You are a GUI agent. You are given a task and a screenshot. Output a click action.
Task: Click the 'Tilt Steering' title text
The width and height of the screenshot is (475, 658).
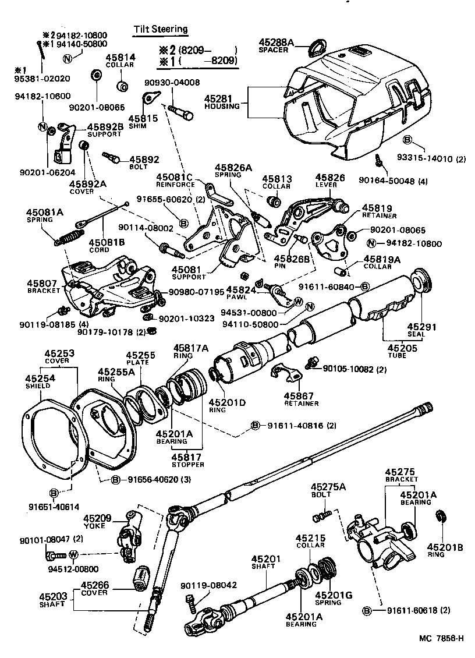tap(161, 29)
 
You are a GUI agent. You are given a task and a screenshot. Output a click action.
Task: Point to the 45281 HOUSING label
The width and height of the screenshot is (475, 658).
tap(222, 102)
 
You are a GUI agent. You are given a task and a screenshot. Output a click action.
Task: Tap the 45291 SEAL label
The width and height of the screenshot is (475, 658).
tap(417, 330)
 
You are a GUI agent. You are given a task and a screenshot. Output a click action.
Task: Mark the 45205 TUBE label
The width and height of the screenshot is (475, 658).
tap(399, 351)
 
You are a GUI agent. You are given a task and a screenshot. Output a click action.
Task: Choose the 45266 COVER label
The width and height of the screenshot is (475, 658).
tap(94, 589)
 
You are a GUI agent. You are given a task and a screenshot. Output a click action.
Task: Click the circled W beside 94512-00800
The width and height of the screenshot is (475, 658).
tap(73, 554)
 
